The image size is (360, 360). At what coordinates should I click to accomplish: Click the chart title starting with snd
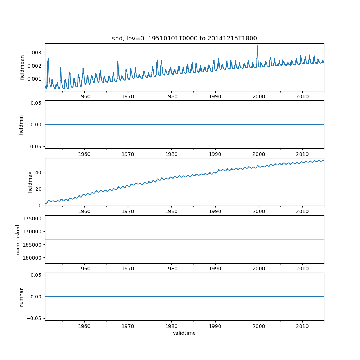pyautogui.click(x=184, y=39)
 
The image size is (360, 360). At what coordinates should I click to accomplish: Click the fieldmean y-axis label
pyautogui.click(x=22, y=67)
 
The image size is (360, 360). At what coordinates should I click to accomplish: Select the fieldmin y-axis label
pyautogui.click(x=21, y=125)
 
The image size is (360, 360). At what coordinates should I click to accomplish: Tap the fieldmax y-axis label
pyautogui.click(x=30, y=182)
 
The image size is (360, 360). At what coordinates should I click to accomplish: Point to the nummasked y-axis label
pyautogui.click(x=18, y=239)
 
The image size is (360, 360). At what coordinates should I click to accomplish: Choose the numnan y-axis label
pyautogui.click(x=21, y=297)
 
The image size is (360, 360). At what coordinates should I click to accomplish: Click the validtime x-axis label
pyautogui.click(x=184, y=333)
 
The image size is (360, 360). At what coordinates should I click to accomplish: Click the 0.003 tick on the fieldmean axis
pyautogui.click(x=36, y=53)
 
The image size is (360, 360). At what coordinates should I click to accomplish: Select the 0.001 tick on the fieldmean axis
pyautogui.click(x=36, y=79)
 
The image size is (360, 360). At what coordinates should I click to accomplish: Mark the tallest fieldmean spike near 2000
pyautogui.click(x=257, y=46)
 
